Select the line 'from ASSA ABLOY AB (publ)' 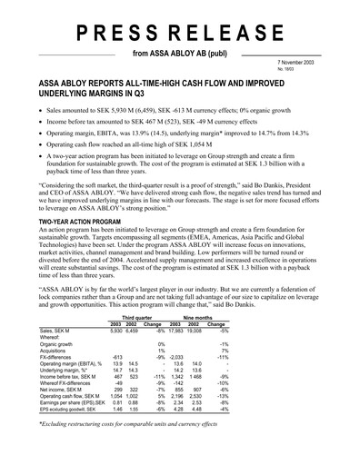(180, 54)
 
